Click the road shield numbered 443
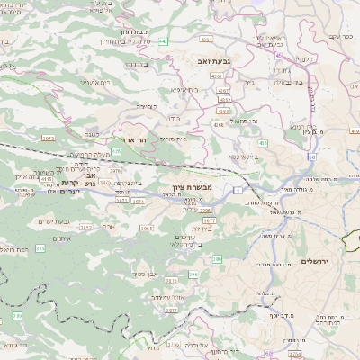163,41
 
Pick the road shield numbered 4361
207,40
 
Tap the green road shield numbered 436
264,144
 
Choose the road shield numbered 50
310,157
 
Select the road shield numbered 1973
47,139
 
